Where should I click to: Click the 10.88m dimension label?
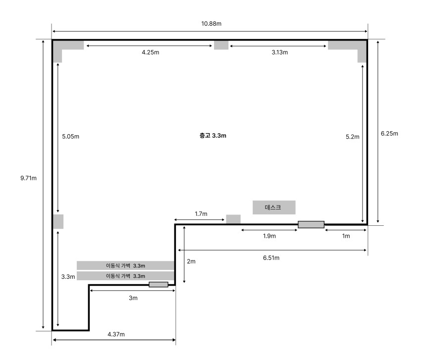211,24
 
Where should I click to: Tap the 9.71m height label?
28,178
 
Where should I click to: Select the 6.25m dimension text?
389,133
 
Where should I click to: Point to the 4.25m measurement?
150,52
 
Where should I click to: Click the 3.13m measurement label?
279,52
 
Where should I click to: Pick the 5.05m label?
70,136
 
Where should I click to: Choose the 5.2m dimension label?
352,137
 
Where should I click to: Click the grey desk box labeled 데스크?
274,207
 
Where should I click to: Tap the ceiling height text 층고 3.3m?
213,136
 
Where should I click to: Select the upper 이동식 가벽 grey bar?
125,265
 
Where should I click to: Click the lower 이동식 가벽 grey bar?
125,276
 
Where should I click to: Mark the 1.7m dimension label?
201,214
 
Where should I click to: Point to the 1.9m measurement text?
269,236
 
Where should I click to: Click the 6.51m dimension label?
271,257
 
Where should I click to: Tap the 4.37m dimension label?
116,334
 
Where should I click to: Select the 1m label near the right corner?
346,236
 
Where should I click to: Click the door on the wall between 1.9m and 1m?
311,224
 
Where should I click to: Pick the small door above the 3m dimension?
159,284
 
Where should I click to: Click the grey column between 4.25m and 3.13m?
221,45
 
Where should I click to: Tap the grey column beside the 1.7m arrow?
233,219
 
